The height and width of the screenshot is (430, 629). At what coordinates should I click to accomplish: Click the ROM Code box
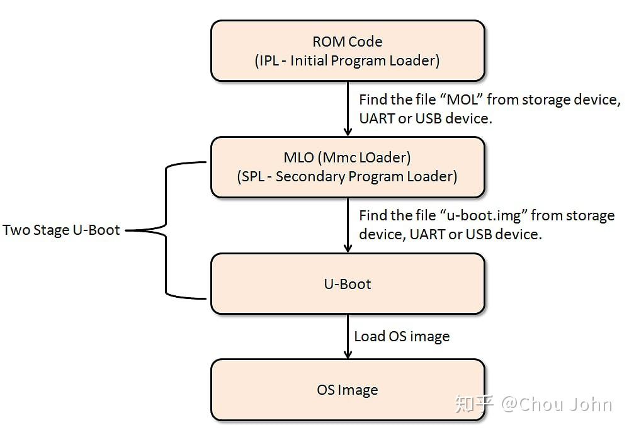coord(347,51)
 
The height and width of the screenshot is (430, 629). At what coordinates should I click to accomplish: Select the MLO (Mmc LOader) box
coord(347,167)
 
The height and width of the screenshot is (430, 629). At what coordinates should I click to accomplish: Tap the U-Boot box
coord(347,283)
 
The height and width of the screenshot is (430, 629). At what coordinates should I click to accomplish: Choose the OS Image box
coord(347,390)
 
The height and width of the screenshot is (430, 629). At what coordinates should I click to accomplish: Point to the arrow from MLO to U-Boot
coord(348,225)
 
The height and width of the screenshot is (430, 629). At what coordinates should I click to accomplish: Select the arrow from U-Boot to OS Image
coord(348,336)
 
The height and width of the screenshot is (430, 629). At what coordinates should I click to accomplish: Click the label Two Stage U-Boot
coord(61,230)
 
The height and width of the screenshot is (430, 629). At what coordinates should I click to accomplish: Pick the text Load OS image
coord(402,336)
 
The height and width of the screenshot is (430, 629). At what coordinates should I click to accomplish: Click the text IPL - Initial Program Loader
coord(348,61)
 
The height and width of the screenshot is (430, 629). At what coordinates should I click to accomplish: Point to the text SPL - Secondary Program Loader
coord(348,176)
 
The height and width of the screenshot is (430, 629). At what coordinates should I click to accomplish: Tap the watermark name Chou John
coord(565,404)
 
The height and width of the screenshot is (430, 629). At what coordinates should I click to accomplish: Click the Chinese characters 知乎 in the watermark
coord(474,404)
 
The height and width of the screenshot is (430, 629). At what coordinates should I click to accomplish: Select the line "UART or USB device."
coord(425,118)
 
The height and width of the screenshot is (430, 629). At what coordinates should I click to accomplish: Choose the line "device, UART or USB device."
coord(450,234)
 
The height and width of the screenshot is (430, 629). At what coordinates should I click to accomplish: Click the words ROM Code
coord(347,42)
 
